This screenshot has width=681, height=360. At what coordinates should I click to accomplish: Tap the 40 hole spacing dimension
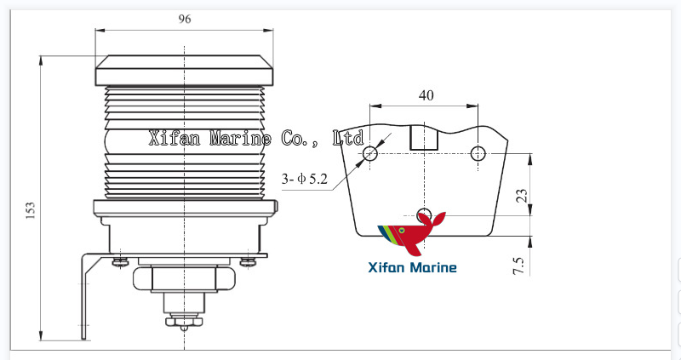[x=426, y=95]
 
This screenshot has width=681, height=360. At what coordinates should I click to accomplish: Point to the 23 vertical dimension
[x=522, y=195]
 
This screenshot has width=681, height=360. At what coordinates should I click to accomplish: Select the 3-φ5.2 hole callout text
[x=306, y=179]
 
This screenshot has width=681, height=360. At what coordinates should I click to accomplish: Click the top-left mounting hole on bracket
[x=370, y=153]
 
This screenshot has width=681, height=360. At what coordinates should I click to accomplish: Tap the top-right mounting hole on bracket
[x=478, y=153]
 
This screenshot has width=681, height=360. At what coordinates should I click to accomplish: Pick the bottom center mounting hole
[x=426, y=214]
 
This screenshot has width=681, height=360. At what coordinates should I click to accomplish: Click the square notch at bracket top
[x=423, y=138]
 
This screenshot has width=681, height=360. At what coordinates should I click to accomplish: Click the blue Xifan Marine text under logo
[x=412, y=268]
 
